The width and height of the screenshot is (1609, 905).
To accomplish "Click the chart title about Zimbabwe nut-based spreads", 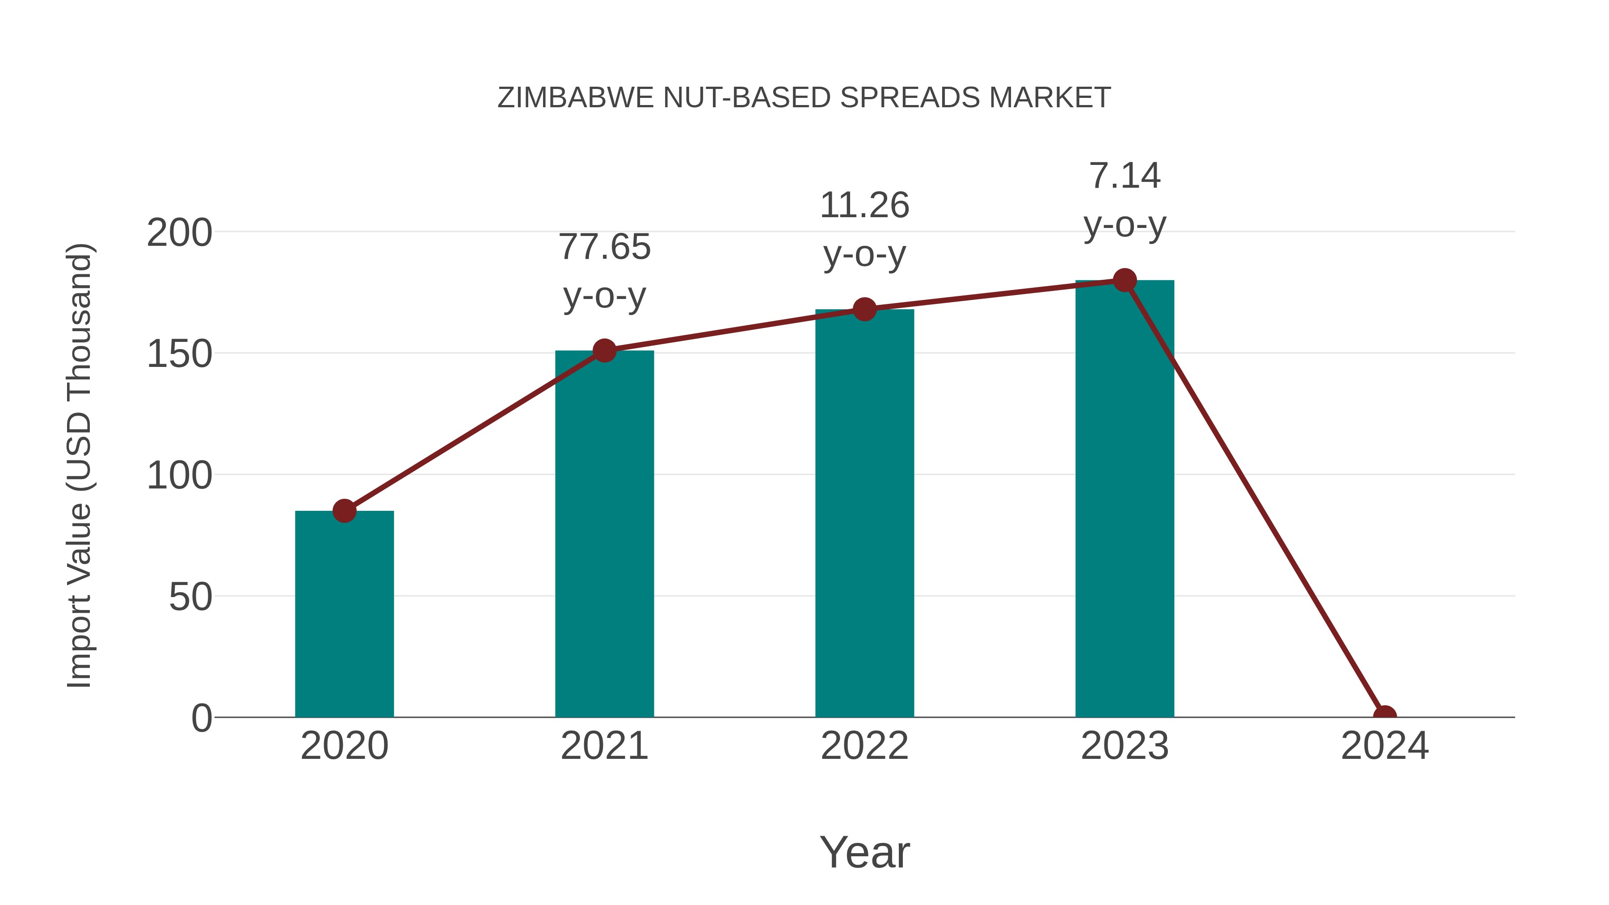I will coord(804,98).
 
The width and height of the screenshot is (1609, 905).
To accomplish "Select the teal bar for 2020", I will coord(344,615).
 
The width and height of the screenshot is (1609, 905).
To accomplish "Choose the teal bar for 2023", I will coord(1125,500).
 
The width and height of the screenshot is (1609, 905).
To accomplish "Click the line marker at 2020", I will coord(344,511).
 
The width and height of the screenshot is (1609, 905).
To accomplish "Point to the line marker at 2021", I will coord(604,350).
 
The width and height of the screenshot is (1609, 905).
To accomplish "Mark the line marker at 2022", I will coord(864,309).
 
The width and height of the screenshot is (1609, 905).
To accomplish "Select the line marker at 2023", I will coord(1125,280).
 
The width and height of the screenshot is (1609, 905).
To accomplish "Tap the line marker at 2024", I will coord(1385,716).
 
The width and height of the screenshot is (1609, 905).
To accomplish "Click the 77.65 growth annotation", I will coord(604,271).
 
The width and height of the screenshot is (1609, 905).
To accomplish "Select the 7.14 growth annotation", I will coord(1125,200).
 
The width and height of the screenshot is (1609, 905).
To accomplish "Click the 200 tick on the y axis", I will coord(179,234).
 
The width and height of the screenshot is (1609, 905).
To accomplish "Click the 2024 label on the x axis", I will coord(1385,746).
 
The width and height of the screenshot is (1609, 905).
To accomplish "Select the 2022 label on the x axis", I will coord(864,746).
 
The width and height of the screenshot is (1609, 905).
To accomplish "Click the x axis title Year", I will coord(864,853).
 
